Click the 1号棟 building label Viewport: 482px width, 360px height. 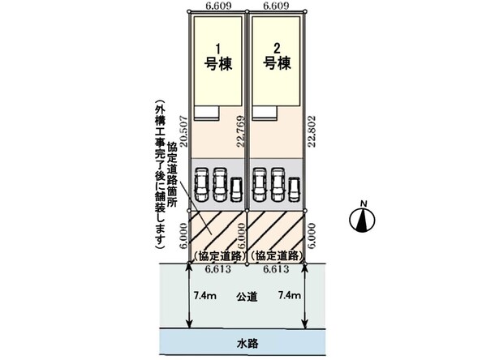tap(218, 57)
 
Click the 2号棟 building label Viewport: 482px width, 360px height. tap(277, 57)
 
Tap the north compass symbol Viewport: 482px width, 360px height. tap(363, 216)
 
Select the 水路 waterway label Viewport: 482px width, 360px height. tap(247, 344)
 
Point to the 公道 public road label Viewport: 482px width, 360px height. tap(247, 297)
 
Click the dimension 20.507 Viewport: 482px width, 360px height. tap(183, 131)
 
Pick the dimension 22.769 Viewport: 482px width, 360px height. tap(241, 131)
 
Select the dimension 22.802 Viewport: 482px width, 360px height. tap(312, 131)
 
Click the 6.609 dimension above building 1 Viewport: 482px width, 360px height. tap(218, 6)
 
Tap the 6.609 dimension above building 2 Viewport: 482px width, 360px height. tap(277, 6)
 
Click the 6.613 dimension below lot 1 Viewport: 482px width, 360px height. tap(218, 269)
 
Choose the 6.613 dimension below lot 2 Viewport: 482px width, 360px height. tap(276, 269)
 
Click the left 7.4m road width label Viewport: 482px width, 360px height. tap(205, 295)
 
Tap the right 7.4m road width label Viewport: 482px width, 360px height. tap(290, 295)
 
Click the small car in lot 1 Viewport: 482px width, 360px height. tap(236, 190)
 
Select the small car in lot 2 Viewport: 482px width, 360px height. tap(295, 190)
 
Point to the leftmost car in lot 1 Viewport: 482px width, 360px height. tap(200, 184)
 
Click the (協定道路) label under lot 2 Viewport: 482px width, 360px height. tap(276, 256)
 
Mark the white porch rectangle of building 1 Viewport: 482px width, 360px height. tap(206, 113)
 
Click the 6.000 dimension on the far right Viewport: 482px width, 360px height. tap(312, 237)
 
